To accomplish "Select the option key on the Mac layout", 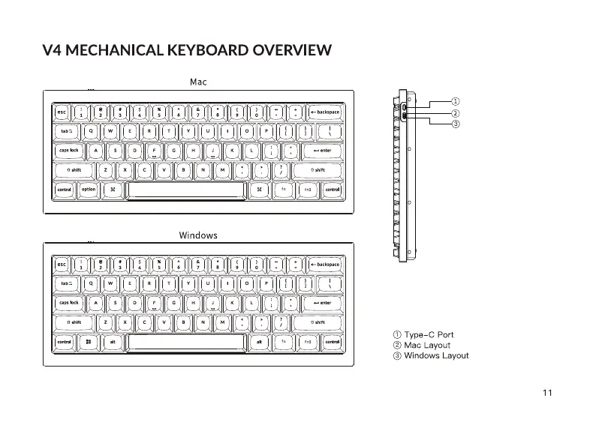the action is point(89,190).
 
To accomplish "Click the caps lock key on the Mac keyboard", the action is point(69,151).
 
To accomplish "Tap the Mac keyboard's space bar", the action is point(186,190).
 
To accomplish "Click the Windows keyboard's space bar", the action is point(186,343).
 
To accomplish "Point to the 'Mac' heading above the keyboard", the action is point(198,82).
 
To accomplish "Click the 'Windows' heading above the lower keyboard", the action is point(198,235).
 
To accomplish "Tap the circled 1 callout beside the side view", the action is point(454,100).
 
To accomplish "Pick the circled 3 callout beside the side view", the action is point(454,124).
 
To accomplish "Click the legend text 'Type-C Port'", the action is point(429,334).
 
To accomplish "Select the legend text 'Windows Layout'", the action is point(436,355).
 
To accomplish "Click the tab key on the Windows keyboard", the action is point(66,284).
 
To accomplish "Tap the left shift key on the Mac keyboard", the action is point(74,170).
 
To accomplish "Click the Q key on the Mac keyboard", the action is point(91,131).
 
